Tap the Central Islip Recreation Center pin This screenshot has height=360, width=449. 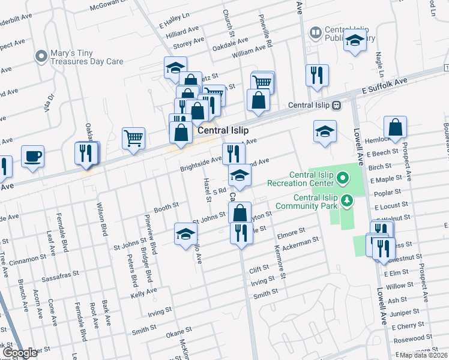point(343,178)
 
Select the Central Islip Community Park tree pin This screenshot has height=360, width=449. point(346,200)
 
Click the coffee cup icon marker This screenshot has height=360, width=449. point(33,157)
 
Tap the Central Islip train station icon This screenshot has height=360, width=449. point(337,105)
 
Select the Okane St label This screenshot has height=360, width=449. point(178,332)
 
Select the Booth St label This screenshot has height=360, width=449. point(166,206)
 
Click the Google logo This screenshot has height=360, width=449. point(20,353)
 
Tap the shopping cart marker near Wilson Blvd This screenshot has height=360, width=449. point(133,138)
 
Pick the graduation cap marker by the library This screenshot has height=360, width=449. point(355,41)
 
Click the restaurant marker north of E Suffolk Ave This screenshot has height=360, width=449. point(316,75)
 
